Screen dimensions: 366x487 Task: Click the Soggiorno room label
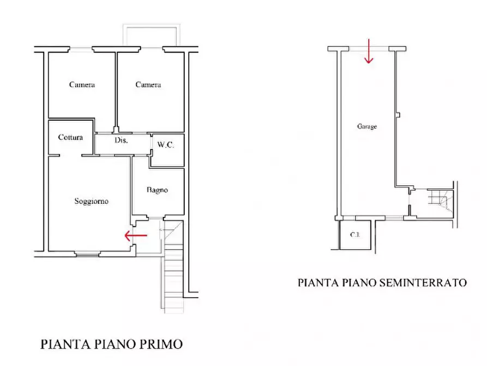tap(91, 201)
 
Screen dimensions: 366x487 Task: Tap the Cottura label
tap(70, 137)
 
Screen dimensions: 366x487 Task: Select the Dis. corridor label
tap(121, 140)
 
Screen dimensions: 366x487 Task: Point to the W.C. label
tap(165, 145)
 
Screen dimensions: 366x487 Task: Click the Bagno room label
tap(157, 190)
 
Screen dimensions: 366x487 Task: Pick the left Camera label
tap(82, 85)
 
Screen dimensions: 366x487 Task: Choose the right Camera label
tap(148, 85)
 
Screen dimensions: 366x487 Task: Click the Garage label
tap(366, 126)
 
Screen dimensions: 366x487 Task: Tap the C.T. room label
tap(354, 235)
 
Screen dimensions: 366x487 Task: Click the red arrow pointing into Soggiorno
tap(136, 236)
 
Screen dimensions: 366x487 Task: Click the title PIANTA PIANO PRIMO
tap(111, 344)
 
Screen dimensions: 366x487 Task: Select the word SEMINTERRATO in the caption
tap(428, 282)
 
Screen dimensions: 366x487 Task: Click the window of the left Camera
tap(80, 50)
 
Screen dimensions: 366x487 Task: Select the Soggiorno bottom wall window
tap(87, 253)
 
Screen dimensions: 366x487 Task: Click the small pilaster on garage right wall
tap(399, 115)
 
